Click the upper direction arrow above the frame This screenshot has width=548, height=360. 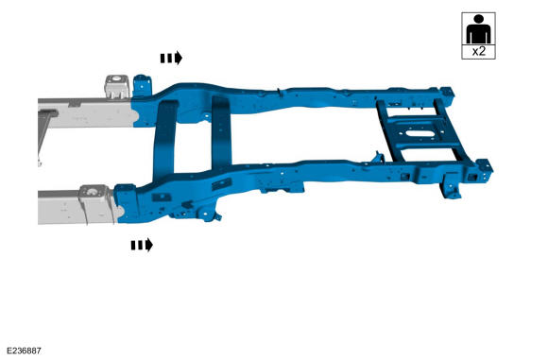(x=171, y=58)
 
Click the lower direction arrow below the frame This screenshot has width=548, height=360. (x=142, y=245)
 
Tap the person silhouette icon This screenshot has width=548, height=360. (x=478, y=29)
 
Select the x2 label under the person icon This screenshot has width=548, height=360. (x=479, y=52)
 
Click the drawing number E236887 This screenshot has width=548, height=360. (x=24, y=351)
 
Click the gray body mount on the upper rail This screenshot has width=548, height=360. (x=117, y=86)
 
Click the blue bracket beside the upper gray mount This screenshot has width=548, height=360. (x=142, y=86)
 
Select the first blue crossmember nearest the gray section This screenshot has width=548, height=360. (x=164, y=140)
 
